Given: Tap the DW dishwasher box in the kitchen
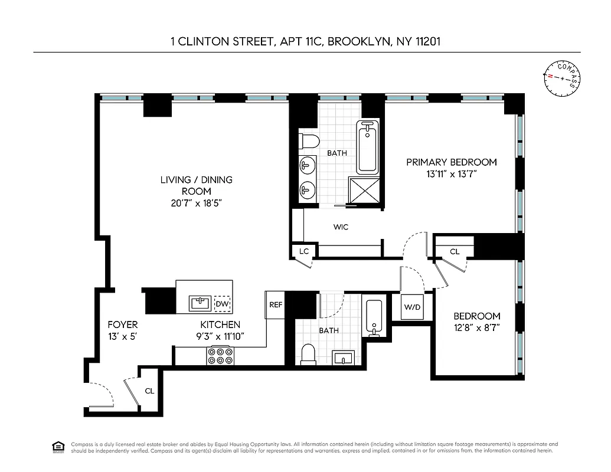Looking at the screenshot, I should point(222,304).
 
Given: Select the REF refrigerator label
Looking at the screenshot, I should point(276,305).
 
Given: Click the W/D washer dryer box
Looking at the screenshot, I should point(411,307).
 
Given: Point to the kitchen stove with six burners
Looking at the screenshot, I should point(220,356).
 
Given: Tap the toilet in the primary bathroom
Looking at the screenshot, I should point(308,141).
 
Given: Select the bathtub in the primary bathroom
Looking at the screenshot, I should point(367,147).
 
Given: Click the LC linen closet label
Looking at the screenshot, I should point(304,251).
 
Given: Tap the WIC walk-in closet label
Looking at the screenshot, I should point(341,227).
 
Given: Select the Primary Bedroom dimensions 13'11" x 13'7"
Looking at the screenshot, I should point(452,174).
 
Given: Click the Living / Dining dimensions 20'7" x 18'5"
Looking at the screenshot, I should point(197,202).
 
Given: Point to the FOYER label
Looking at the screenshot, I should point(123,324).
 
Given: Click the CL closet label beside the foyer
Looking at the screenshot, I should point(149,391).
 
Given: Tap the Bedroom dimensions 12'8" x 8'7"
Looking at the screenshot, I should point(476,328).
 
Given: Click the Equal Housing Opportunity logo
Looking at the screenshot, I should point(58,446).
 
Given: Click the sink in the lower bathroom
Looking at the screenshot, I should point(342,358).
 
